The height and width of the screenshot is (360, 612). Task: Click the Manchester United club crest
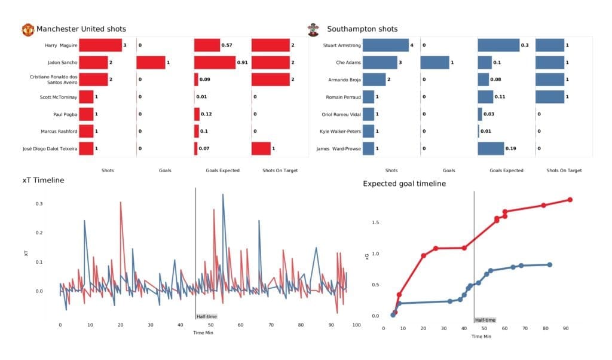27,29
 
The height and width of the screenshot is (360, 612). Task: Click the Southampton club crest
312,29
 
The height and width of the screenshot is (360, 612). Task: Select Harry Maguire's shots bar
100,45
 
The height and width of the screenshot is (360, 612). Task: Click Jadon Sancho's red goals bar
151,62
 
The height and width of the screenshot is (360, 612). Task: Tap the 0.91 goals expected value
243,62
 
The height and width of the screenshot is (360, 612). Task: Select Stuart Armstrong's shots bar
385,45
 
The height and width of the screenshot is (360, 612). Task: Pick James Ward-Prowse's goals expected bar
491,148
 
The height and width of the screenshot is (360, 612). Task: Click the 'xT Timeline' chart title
43,180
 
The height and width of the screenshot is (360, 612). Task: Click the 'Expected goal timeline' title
404,184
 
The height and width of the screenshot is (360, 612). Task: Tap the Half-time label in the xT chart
206,316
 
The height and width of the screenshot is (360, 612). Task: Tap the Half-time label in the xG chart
485,320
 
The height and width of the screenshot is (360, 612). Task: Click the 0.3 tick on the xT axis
39,204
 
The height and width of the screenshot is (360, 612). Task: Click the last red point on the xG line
570,200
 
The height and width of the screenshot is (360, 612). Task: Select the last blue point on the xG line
549,264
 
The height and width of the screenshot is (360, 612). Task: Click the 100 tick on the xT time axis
356,325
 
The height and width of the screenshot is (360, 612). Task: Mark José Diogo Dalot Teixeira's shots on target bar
261,148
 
